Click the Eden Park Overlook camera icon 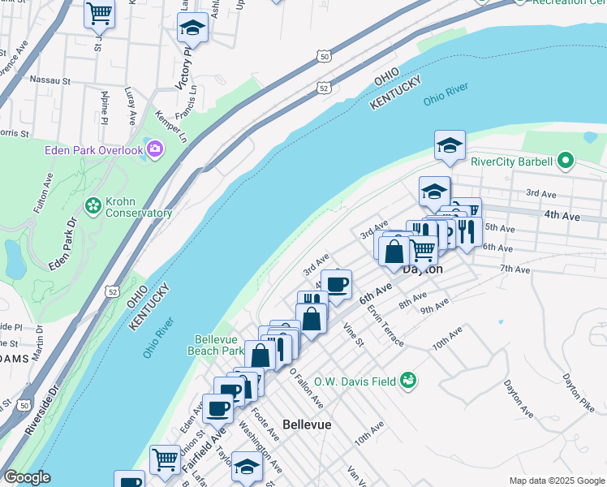[x=154, y=149]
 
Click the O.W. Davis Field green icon [x=409, y=379]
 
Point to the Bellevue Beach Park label [x=219, y=345]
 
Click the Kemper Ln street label [x=171, y=125]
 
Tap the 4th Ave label [x=562, y=216]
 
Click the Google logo [x=27, y=477]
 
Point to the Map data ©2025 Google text [x=556, y=481]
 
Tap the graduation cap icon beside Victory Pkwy [x=192, y=29]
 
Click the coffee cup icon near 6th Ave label [x=336, y=284]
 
